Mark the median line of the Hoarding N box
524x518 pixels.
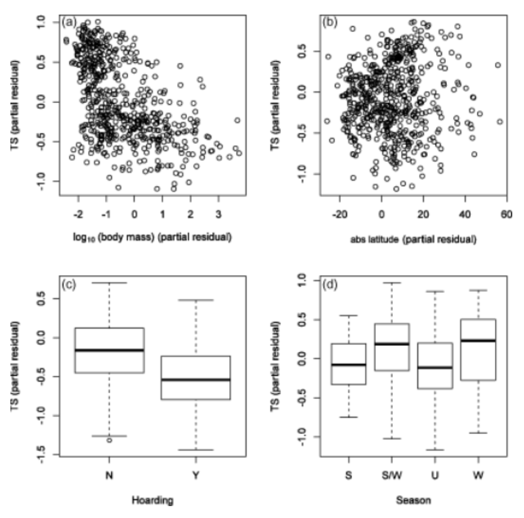pyautogui.click(x=109, y=350)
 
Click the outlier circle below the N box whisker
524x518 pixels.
pyautogui.click(x=110, y=441)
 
